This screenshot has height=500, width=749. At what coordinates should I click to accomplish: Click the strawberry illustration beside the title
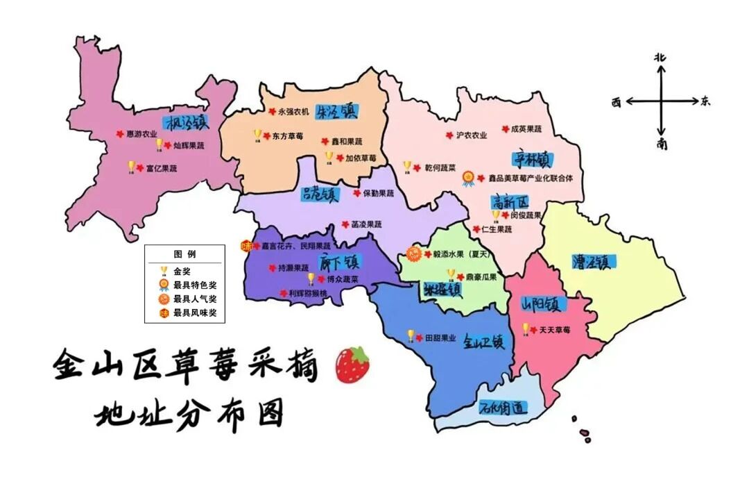(352, 365)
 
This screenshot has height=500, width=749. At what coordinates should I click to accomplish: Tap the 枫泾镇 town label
(186, 123)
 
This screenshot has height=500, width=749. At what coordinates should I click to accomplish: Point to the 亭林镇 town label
(531, 159)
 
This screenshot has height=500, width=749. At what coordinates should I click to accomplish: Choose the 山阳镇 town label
(544, 305)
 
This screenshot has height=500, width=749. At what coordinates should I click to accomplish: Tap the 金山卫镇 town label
(483, 341)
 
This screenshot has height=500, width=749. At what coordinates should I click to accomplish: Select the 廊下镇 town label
(340, 262)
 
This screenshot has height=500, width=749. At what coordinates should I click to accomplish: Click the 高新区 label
(510, 202)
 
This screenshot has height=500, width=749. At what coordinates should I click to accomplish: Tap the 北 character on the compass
(660, 58)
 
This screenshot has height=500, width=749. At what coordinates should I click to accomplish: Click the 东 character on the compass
(705, 101)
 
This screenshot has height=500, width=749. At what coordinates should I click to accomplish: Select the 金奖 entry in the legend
(182, 271)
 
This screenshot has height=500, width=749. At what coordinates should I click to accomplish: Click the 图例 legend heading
(184, 254)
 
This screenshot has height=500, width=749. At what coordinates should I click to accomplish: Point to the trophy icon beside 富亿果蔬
(131, 167)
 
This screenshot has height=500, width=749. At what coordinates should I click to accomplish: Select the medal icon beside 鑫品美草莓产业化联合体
(469, 178)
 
